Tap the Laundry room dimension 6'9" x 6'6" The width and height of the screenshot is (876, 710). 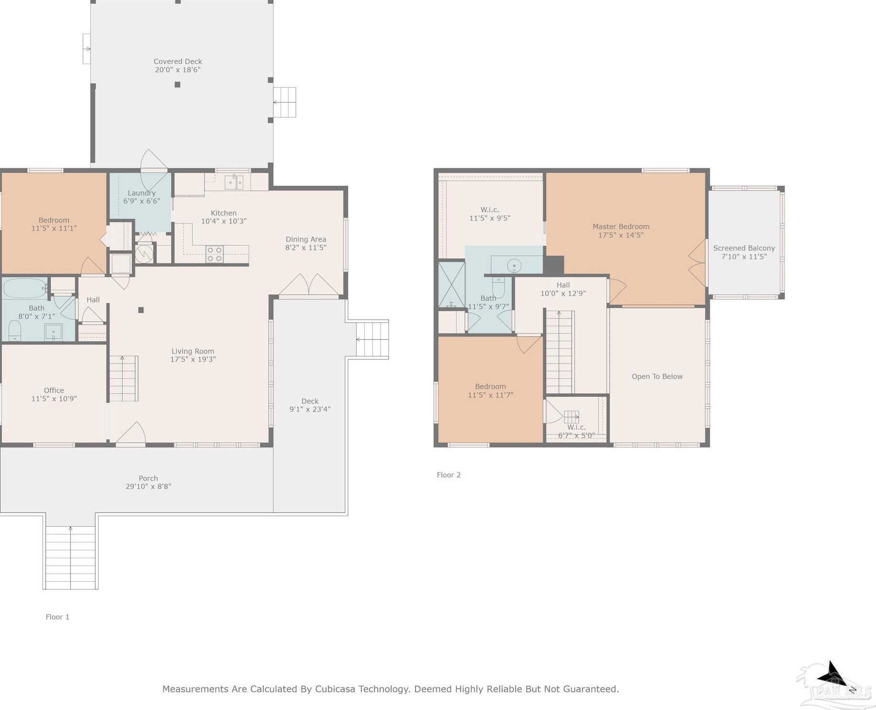coord(142,201)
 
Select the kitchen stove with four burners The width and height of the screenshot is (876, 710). coord(214,254)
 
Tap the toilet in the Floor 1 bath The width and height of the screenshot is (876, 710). coord(15,331)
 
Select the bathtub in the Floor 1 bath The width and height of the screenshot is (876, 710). coord(25,288)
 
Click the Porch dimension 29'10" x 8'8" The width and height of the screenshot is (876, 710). coord(148,487)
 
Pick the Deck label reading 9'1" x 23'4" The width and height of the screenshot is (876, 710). coord(310,409)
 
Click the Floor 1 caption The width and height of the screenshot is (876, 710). coord(57,617)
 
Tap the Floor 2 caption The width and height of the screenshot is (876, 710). coord(449,475)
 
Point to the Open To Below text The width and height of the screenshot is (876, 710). coord(657,377)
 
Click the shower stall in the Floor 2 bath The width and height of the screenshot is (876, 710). coord(452,284)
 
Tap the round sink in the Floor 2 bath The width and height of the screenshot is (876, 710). coord(514,265)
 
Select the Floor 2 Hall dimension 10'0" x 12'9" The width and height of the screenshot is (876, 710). coord(563,294)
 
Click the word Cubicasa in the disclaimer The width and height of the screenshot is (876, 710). coord(335,689)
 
